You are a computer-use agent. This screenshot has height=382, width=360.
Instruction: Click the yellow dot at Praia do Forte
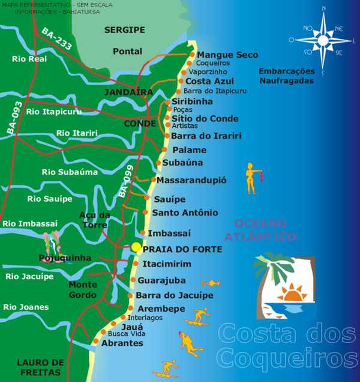[136, 247]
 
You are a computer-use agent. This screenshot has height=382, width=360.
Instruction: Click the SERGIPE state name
[124, 29]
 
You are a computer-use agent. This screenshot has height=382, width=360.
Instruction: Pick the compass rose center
[323, 40]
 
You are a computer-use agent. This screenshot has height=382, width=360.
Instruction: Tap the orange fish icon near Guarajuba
[210, 282]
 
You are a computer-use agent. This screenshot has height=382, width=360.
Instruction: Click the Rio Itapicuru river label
[53, 111]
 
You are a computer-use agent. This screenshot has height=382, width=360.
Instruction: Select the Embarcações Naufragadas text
[286, 75]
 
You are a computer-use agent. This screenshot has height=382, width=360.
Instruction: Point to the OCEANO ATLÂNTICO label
[265, 229]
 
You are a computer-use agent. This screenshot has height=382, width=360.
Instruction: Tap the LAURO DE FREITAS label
[40, 367]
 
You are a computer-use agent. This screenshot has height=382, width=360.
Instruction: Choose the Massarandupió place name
[191, 180]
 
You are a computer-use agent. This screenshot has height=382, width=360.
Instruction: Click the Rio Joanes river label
[26, 307]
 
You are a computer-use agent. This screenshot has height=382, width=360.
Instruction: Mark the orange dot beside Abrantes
[95, 342]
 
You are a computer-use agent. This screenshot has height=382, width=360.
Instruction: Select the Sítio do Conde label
[205, 118]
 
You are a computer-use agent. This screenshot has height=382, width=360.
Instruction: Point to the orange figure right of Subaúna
[251, 178]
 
